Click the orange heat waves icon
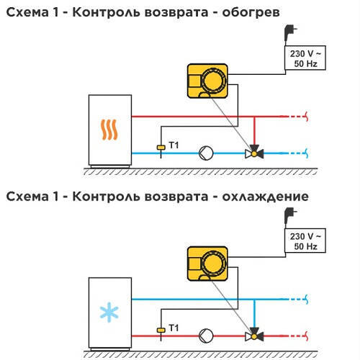(109, 130)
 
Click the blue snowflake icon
(109, 312)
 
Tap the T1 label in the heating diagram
(174, 145)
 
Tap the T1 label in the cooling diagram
(174, 328)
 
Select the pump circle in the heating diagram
(206, 153)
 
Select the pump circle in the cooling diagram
(206, 336)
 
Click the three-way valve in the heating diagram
(254, 152)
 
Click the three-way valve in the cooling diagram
(254, 335)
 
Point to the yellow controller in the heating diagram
(207, 81)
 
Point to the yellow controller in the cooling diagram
(207, 264)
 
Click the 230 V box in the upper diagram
(305, 58)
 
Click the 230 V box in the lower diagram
(305, 240)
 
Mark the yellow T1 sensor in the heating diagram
(161, 148)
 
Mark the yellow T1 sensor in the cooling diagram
(161, 330)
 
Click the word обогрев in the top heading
(251, 12)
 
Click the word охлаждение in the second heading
(265, 197)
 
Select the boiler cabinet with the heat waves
(110, 131)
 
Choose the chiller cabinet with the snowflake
(110, 313)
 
